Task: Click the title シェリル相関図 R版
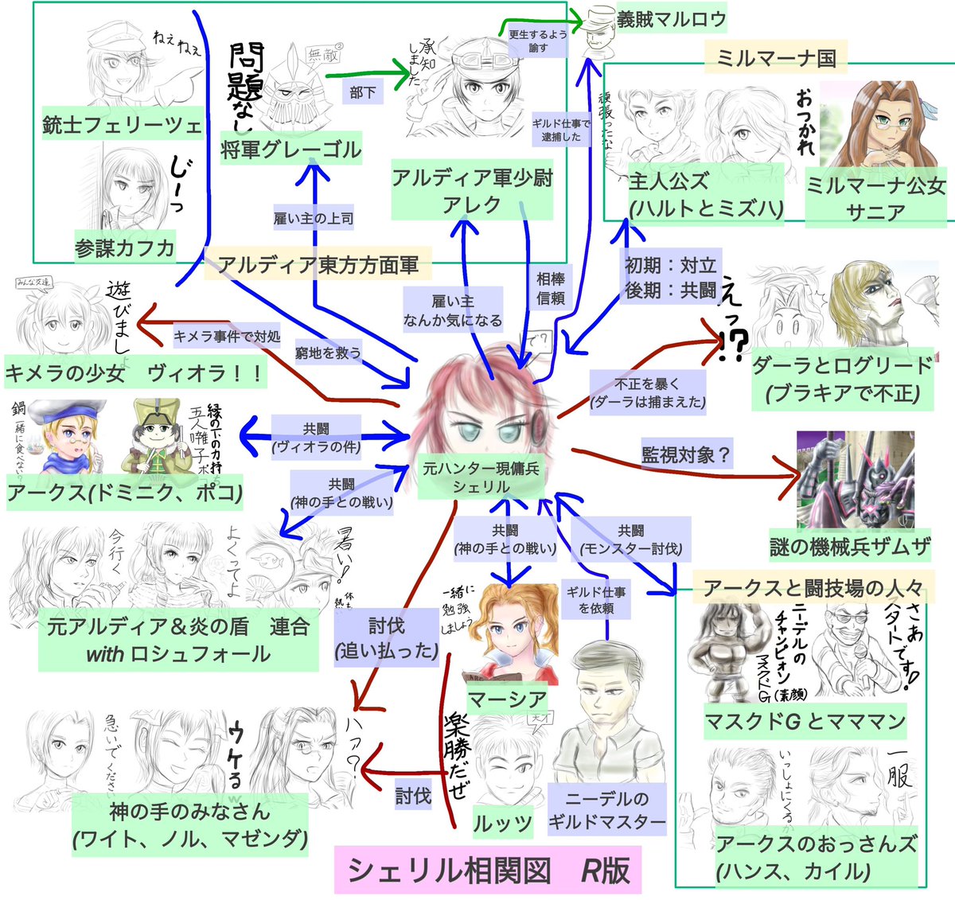pos(488,870)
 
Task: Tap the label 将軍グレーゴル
pos(291,149)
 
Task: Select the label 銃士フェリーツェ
pos(122,125)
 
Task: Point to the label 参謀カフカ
pos(125,247)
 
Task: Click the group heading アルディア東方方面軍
pos(318,265)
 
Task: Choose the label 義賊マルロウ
pos(671,19)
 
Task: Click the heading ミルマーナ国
pos(776,57)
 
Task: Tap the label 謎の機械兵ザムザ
pos(850,547)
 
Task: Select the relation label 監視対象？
pos(686,455)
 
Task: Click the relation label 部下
pos(362,92)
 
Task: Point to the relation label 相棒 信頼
pos(550,289)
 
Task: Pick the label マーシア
pos(507,699)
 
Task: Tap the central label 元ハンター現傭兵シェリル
pos(481,477)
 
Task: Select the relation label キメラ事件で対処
pos(227,337)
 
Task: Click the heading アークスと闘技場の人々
pos(813,588)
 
